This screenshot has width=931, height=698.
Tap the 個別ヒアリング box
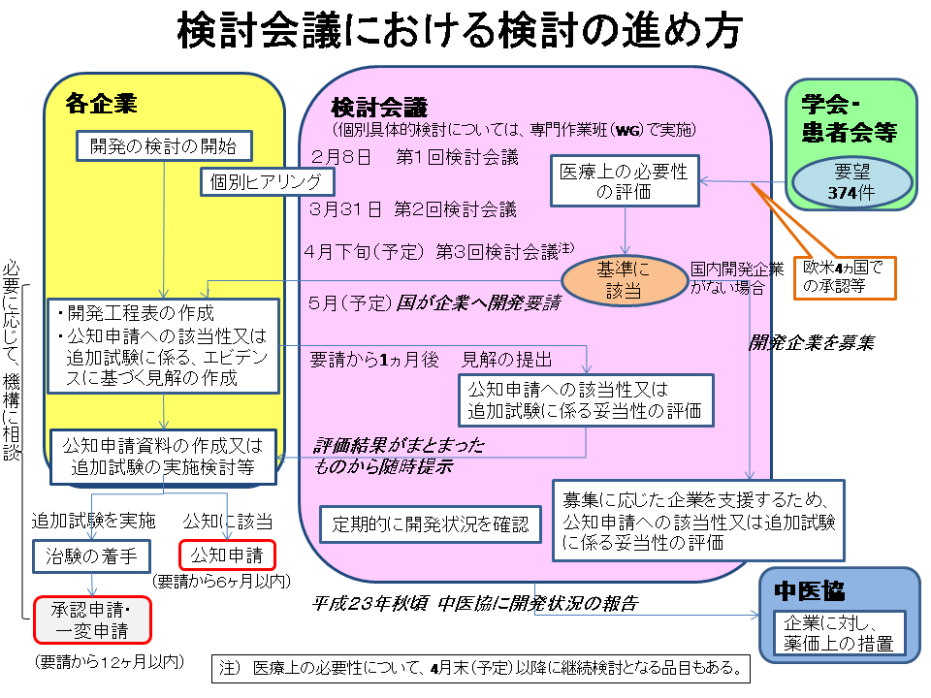click(268, 182)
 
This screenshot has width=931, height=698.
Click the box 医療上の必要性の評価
click(625, 180)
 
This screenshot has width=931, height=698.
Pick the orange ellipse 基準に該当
click(623, 278)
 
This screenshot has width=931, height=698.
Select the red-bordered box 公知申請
click(228, 555)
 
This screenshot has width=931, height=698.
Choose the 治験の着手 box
click(93, 555)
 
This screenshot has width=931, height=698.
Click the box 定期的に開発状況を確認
click(431, 524)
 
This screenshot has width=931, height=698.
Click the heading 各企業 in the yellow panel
click(101, 102)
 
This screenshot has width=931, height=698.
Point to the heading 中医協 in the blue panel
click(809, 590)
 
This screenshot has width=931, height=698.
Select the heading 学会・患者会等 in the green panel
click(849, 117)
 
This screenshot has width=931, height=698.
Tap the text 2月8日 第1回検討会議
click(415, 156)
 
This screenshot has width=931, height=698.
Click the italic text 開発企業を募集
click(812, 342)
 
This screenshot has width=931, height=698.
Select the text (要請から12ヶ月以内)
click(108, 662)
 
